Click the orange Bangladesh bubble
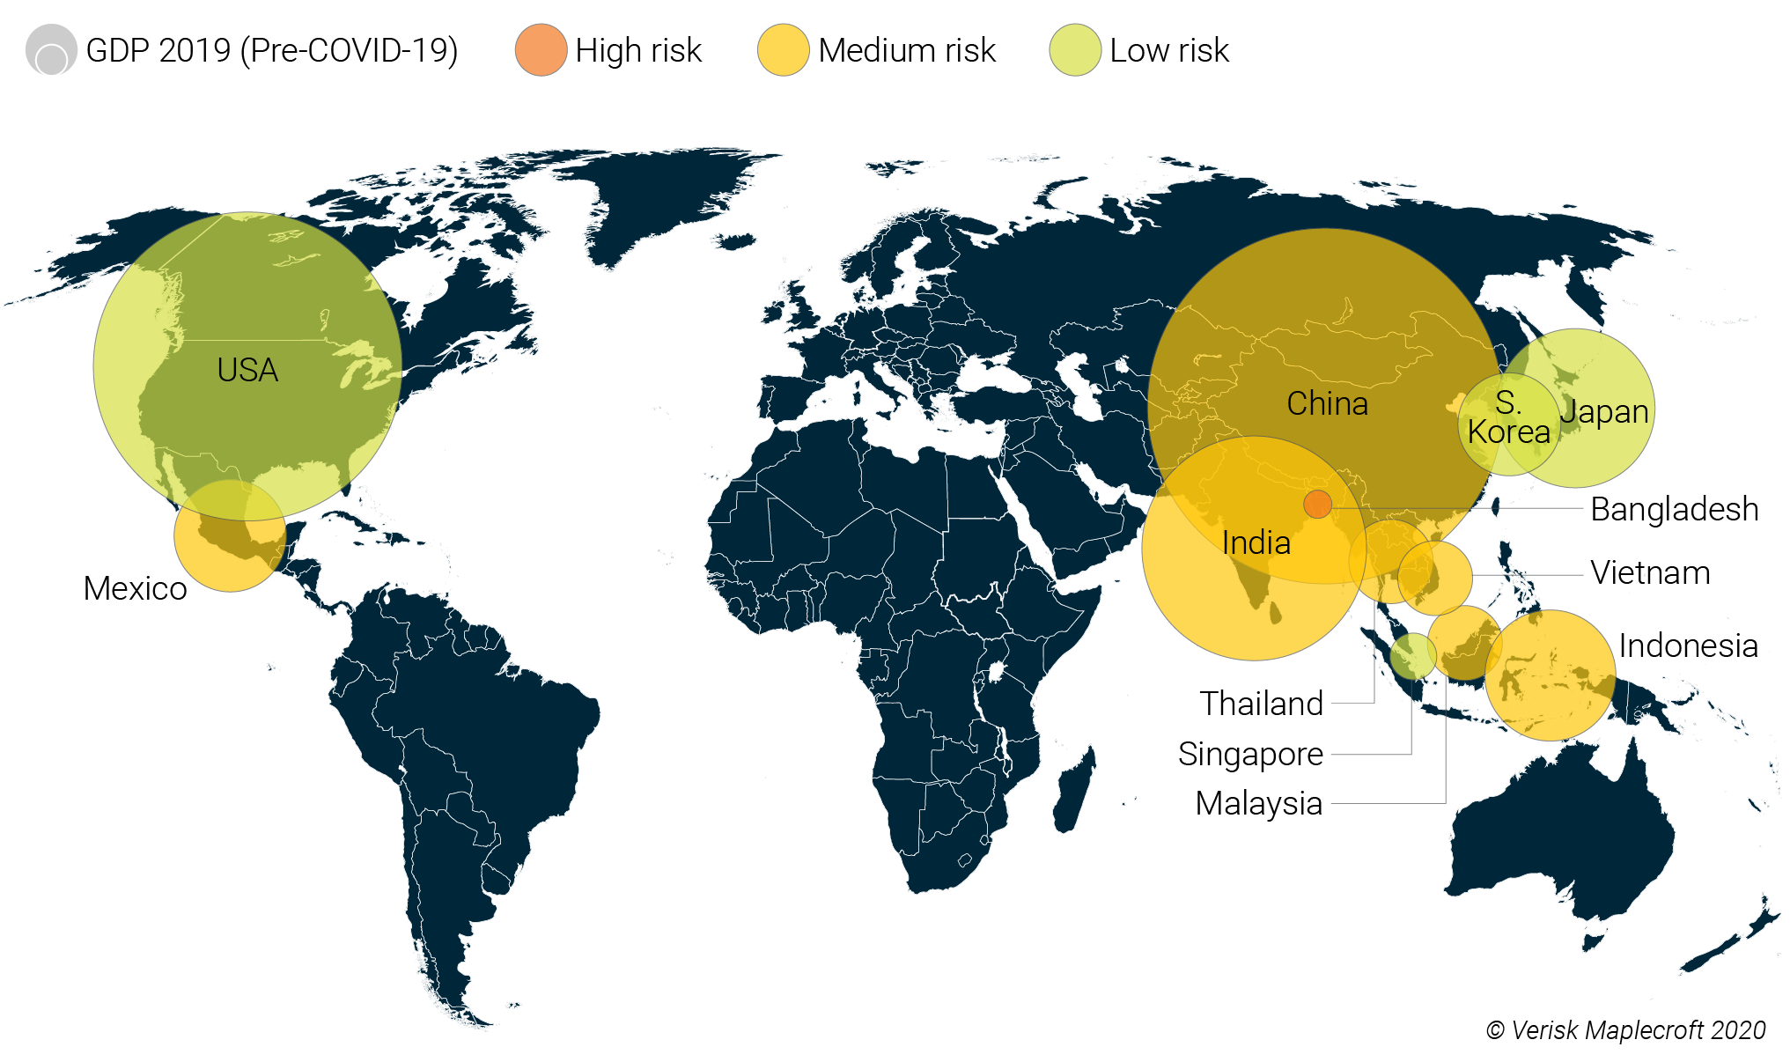(x=1317, y=505)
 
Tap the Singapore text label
(x=1250, y=755)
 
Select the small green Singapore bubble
(x=1413, y=656)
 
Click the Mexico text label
(x=135, y=588)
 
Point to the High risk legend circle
(x=541, y=50)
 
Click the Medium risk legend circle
(x=783, y=50)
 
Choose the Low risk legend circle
(x=1075, y=50)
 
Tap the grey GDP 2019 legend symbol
(x=51, y=50)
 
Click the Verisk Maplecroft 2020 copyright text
(x=1625, y=1030)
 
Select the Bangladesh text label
(x=1674, y=509)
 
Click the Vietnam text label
(x=1650, y=573)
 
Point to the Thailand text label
(x=1261, y=704)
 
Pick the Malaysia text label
(x=1258, y=803)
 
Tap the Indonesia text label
(x=1688, y=645)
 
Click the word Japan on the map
(x=1604, y=411)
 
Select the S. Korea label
(x=1508, y=418)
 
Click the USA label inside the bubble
(x=247, y=370)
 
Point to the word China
(x=1327, y=403)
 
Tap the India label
(x=1256, y=542)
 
